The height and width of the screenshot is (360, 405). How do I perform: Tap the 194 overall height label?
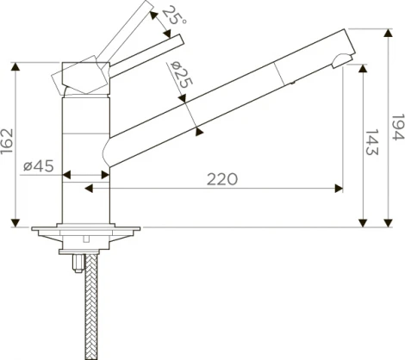click(398, 127)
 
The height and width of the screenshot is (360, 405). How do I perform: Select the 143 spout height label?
click(372, 142)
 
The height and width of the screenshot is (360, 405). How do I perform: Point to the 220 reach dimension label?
click(222, 179)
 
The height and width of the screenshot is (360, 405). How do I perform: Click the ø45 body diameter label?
click(39, 165)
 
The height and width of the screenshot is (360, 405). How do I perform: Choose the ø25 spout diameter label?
click(181, 75)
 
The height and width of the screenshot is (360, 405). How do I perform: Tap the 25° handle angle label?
click(174, 15)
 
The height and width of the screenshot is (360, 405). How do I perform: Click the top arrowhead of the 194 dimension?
click(389, 33)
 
